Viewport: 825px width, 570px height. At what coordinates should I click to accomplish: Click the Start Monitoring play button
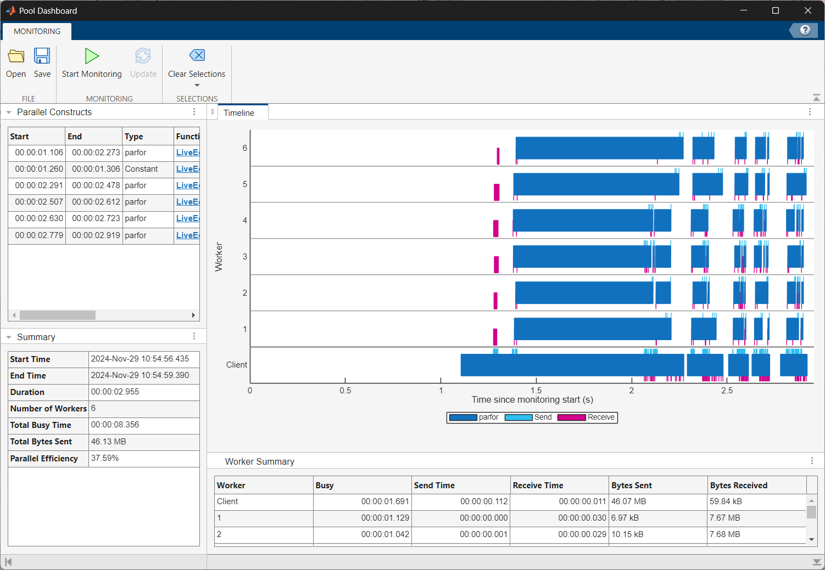pyautogui.click(x=92, y=56)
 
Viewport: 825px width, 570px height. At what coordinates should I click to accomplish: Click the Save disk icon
pyautogui.click(x=42, y=56)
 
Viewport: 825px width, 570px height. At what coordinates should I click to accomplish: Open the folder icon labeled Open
pyautogui.click(x=16, y=56)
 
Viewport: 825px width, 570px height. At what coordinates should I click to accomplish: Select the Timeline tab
pyautogui.click(x=239, y=113)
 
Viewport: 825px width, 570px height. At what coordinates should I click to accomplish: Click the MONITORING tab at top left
pyautogui.click(x=37, y=31)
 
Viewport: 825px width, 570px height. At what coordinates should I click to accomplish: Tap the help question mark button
pyautogui.click(x=805, y=30)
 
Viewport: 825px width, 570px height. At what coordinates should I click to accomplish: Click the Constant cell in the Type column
pyautogui.click(x=141, y=169)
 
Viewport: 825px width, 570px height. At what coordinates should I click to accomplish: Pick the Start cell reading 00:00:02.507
pyautogui.click(x=39, y=202)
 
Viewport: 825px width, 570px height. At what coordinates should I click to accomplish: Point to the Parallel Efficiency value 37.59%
pyautogui.click(x=105, y=458)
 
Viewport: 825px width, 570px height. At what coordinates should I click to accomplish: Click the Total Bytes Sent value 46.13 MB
pyautogui.click(x=109, y=442)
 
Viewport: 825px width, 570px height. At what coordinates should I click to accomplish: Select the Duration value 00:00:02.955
pyautogui.click(x=115, y=392)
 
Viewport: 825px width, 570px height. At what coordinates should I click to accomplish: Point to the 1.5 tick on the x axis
pyautogui.click(x=536, y=391)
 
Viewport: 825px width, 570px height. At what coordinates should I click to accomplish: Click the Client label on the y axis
pyautogui.click(x=237, y=365)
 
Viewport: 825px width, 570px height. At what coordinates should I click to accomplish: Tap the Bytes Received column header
pyautogui.click(x=739, y=486)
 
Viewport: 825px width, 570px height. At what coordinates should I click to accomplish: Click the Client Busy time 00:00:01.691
pyautogui.click(x=385, y=501)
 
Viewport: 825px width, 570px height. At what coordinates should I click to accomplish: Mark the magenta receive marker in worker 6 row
pyautogui.click(x=498, y=156)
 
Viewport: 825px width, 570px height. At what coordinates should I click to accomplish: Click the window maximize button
pyautogui.click(x=776, y=10)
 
